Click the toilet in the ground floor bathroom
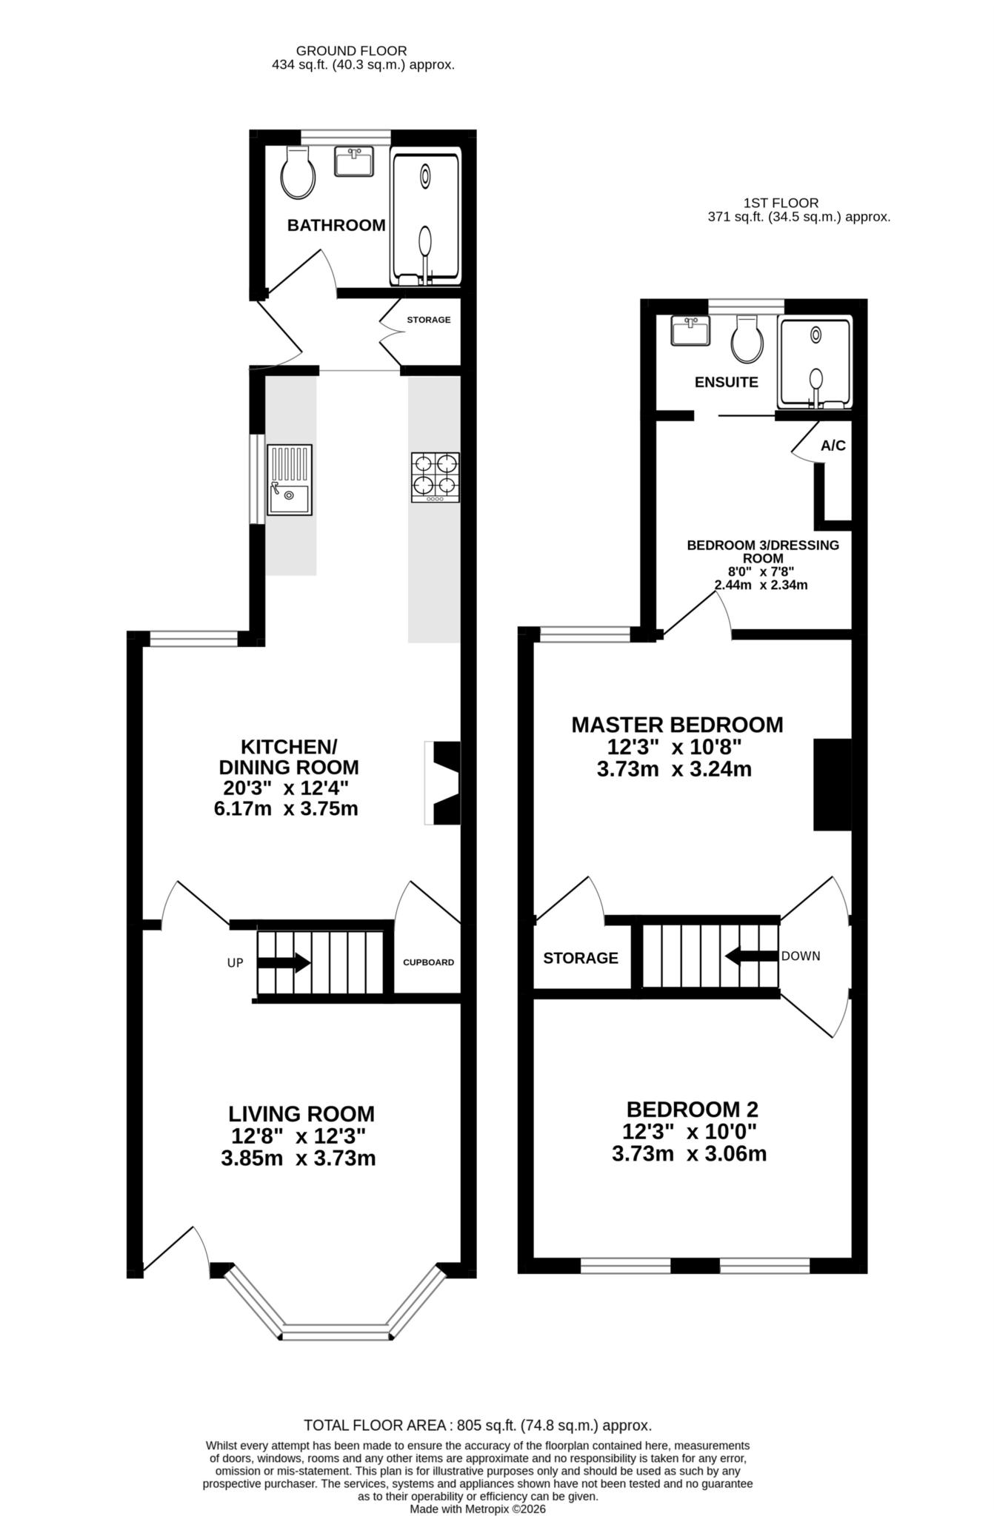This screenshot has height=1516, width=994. [298, 172]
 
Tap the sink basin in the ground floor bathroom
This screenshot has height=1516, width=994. [353, 161]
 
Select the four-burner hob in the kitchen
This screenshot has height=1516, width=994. [436, 477]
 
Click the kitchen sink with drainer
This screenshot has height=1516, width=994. [290, 480]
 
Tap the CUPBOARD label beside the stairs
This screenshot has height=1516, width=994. [428, 962]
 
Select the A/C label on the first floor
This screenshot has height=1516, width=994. [833, 446]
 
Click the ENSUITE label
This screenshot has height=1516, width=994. [726, 382]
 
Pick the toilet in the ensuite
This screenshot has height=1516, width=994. [747, 339]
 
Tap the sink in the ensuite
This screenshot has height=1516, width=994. [690, 330]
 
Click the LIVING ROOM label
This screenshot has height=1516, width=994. [301, 1113]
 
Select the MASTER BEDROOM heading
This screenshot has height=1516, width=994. [677, 725]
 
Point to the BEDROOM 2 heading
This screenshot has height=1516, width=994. [693, 1110]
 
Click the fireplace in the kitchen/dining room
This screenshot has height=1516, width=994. [443, 782]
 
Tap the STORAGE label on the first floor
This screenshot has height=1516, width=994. [581, 958]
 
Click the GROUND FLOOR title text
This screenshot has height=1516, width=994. [351, 51]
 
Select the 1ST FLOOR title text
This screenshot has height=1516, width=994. [781, 203]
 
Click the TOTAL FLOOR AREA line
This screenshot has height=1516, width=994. [478, 1425]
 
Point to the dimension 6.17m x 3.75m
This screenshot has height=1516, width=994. [286, 808]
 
